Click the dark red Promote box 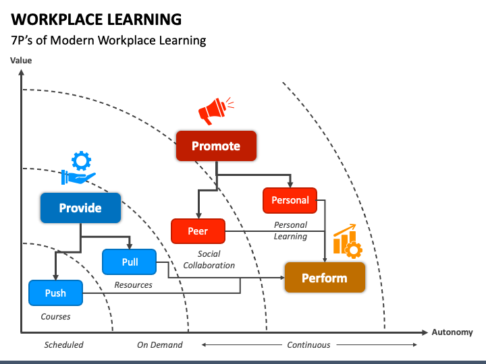tap(216, 146)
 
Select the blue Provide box tap(80, 208)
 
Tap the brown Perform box tap(325, 277)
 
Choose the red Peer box tap(198, 231)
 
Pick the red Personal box tap(290, 200)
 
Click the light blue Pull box tap(129, 262)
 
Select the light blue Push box tap(55, 293)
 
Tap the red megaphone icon tap(216, 111)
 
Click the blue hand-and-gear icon tap(78, 168)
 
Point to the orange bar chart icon tap(348, 241)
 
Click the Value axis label tap(21, 61)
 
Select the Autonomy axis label tap(452, 332)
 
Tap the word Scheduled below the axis tap(63, 345)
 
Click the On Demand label tap(159, 345)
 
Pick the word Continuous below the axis tap(308, 345)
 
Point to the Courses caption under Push tap(55, 317)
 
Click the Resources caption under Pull tap(133, 284)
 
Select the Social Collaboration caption tap(209, 260)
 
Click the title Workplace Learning tap(96, 19)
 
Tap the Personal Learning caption tap(290, 231)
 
